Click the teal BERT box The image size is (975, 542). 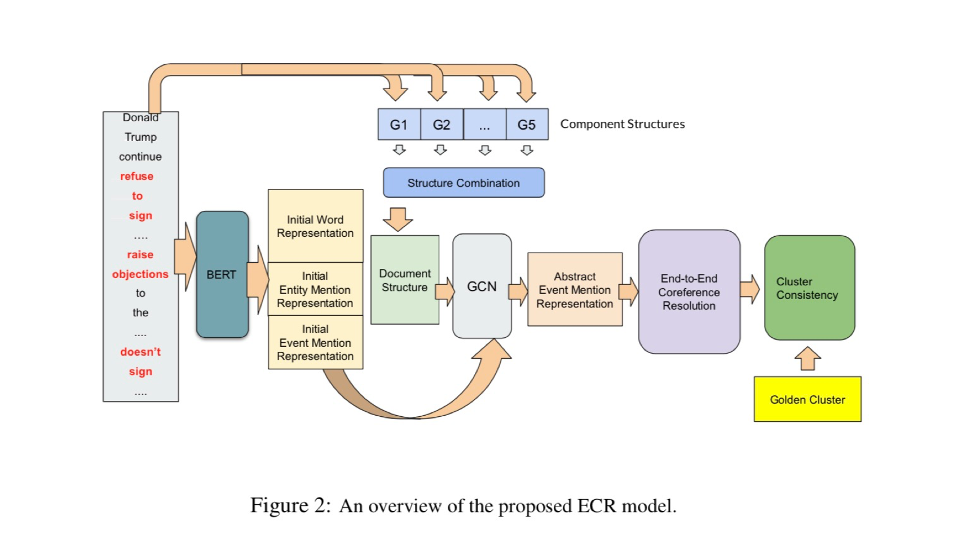(x=222, y=275)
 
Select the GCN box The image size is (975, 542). (x=482, y=286)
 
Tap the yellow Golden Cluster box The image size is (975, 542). (x=808, y=399)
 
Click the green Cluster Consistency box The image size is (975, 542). (x=809, y=288)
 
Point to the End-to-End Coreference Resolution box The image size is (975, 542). (x=689, y=292)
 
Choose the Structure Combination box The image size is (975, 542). (x=464, y=183)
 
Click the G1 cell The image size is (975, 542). (x=399, y=125)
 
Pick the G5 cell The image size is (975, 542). (x=527, y=125)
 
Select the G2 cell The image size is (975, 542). (x=442, y=125)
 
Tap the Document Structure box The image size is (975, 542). (x=405, y=280)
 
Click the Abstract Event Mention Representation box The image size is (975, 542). (x=575, y=290)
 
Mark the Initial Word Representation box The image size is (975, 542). (x=315, y=226)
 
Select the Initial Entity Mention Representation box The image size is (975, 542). (x=315, y=289)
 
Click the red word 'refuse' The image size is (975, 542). (x=137, y=176)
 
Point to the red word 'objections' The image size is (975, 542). (x=140, y=274)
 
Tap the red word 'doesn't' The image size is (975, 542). (x=140, y=352)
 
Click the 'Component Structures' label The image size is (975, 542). (x=623, y=124)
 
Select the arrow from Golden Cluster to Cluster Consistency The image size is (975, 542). (x=808, y=359)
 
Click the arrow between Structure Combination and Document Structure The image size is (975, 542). (x=398, y=219)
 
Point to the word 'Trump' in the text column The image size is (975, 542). (x=141, y=137)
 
